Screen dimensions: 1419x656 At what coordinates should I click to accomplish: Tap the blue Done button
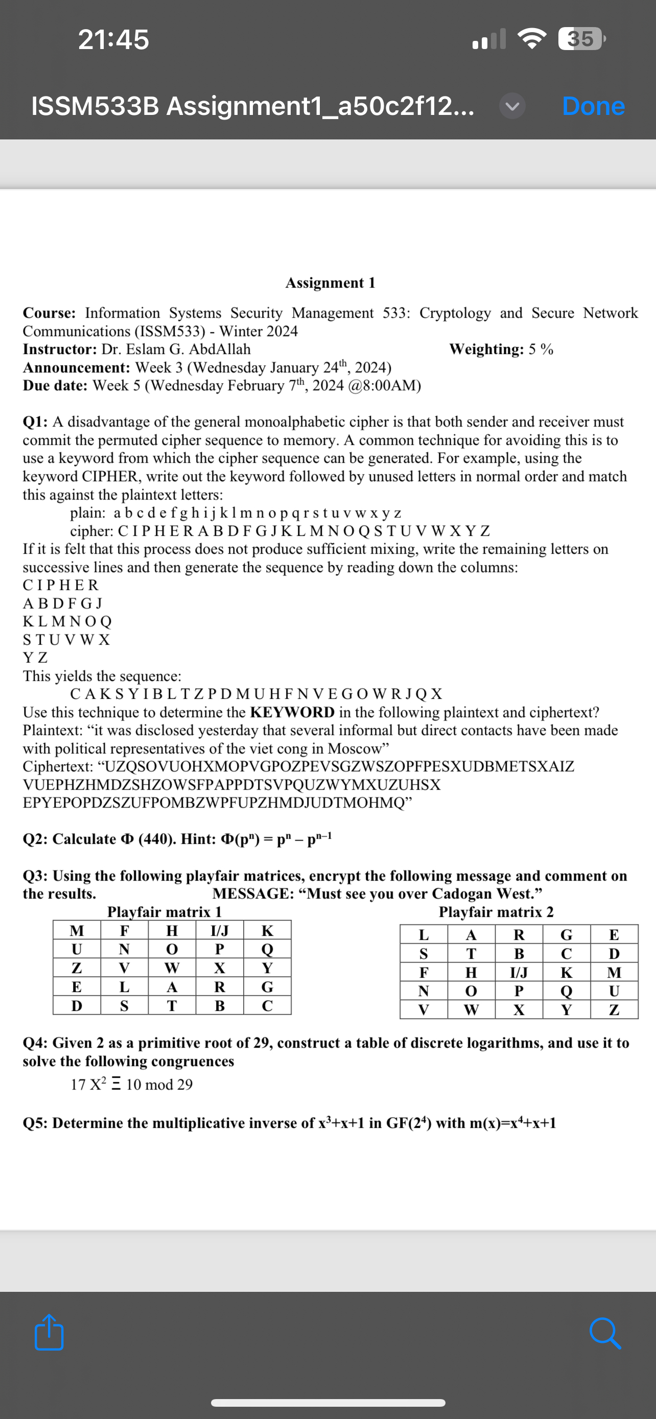593,106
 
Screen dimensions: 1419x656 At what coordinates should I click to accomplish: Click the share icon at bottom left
49,1333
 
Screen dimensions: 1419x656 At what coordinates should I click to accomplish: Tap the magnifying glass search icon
605,1334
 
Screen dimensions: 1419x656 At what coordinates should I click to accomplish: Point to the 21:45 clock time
113,40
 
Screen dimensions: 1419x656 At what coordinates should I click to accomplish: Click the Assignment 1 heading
330,282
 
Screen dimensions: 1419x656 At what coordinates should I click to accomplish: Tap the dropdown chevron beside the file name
512,106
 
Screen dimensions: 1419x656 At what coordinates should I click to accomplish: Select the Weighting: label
486,349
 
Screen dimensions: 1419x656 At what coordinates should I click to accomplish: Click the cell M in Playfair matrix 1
77,931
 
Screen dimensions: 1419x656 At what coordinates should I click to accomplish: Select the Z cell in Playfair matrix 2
614,1010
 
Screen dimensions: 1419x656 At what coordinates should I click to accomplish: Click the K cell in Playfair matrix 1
267,931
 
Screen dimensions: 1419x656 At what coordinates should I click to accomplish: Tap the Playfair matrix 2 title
496,912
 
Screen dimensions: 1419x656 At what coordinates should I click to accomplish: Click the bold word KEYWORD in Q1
292,712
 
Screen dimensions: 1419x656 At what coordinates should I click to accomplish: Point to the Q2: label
36,839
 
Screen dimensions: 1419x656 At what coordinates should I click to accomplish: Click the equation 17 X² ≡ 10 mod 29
132,1084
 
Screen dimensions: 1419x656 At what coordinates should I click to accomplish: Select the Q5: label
36,1123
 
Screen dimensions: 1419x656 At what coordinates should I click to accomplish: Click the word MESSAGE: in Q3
253,893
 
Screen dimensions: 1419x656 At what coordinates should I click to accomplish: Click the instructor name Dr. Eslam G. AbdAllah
176,349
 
